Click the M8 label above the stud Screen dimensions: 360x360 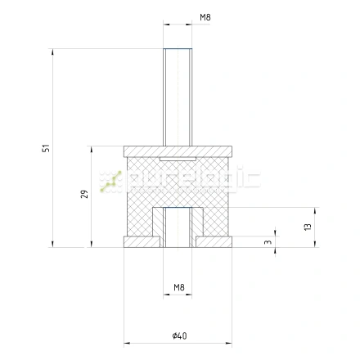(205, 17)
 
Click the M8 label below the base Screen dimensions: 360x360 (179, 287)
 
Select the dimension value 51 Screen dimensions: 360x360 (46, 148)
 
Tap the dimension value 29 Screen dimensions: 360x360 (84, 194)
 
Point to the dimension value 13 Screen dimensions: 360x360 (308, 227)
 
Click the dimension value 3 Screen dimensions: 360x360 (268, 241)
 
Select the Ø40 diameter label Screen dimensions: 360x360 (179, 335)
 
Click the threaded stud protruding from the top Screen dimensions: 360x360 (178, 97)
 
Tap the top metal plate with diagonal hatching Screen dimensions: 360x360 (178, 151)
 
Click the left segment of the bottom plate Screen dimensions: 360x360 (142, 242)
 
